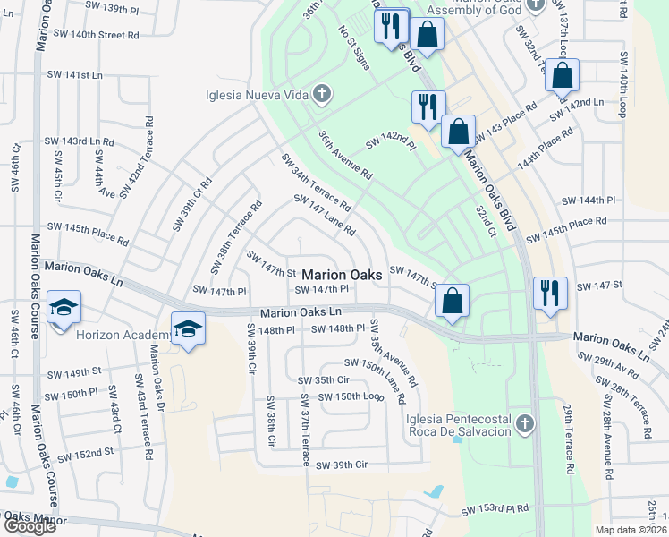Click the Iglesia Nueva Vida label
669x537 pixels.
(257, 93)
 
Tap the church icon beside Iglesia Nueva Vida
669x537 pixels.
(321, 93)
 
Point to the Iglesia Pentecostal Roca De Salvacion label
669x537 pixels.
(458, 425)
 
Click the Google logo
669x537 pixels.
(30, 526)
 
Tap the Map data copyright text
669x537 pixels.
(631, 530)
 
